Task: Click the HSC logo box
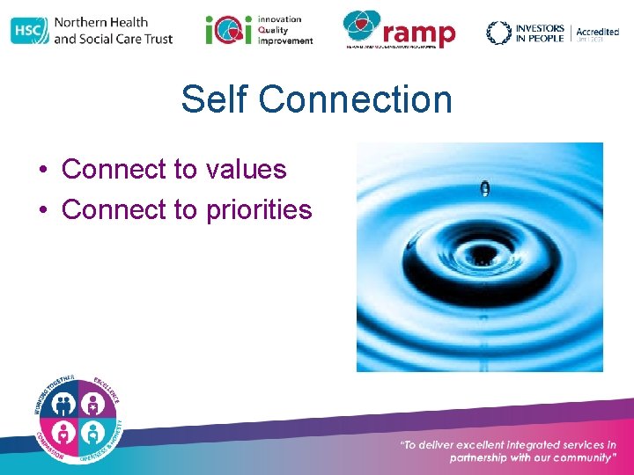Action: tap(29, 31)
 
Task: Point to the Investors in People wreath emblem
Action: tap(498, 33)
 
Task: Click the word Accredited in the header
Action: tap(597, 32)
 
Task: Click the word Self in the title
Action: tap(208, 99)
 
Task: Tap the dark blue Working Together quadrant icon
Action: tap(63, 404)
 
